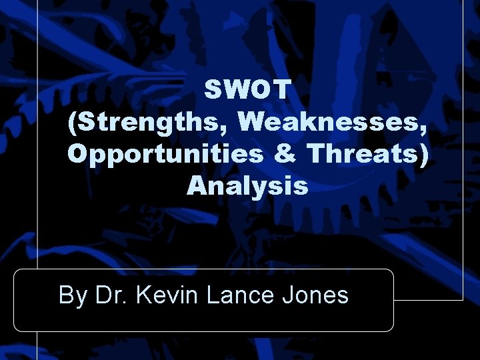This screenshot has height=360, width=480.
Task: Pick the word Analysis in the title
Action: click(247, 186)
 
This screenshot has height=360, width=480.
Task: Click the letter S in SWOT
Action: click(214, 89)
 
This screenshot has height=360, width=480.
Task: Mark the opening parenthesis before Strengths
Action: click(73, 123)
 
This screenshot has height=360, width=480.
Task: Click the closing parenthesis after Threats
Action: click(424, 155)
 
